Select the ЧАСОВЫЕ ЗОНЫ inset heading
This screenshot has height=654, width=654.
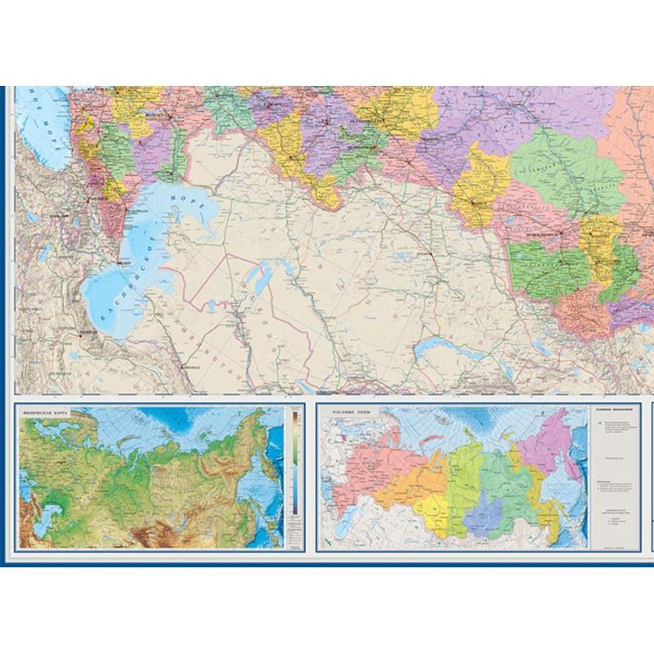346,414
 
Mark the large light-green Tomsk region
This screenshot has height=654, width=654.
564,172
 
